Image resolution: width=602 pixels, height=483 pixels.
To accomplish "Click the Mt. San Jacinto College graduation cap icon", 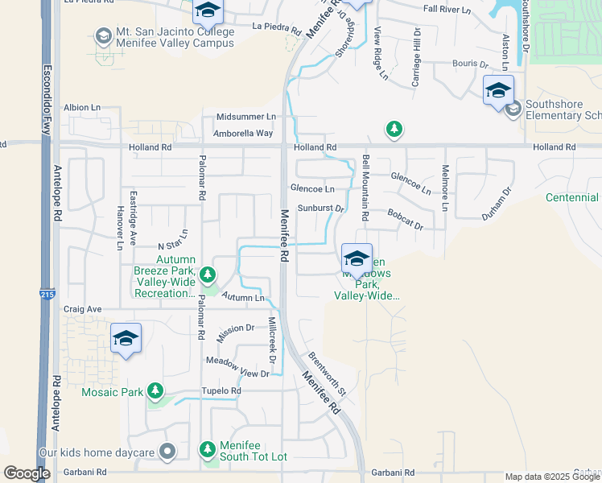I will click(x=103, y=36).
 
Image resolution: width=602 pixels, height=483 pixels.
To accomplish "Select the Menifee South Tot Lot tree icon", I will click(x=208, y=448).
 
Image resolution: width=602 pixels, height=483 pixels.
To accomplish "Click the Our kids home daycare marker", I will click(x=167, y=452).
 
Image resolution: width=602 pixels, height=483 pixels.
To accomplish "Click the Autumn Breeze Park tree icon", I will click(x=208, y=275).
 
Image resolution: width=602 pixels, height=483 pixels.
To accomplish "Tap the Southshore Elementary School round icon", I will click(x=513, y=109).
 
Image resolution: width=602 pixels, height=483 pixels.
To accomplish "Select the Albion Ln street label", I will click(x=82, y=107).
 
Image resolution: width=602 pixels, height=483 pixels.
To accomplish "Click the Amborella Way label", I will click(x=244, y=133).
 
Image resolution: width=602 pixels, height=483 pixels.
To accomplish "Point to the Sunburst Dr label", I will click(x=320, y=208).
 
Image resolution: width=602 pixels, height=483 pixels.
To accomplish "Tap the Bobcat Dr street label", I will click(x=405, y=220).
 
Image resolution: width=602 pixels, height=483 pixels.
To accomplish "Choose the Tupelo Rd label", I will click(x=222, y=391).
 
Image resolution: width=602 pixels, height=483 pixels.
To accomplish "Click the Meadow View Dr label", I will click(x=237, y=368).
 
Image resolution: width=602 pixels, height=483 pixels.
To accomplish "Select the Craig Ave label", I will click(x=83, y=309).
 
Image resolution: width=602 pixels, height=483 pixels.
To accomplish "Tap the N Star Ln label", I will click(x=172, y=240).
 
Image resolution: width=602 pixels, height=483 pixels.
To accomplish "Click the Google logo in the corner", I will click(x=27, y=473).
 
